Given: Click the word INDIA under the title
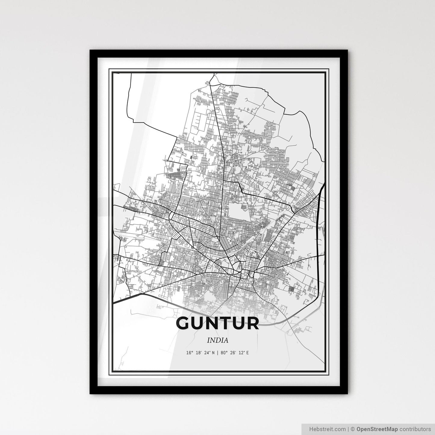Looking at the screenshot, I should pyautogui.click(x=217, y=340).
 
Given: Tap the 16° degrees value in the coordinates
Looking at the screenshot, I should pyautogui.click(x=189, y=353).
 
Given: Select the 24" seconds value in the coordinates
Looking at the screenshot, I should pyautogui.click(x=207, y=353).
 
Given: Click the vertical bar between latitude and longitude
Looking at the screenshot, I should pyautogui.click(x=217, y=353).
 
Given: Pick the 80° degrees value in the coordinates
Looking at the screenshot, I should pyautogui.click(x=223, y=353).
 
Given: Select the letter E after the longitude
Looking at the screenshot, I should pyautogui.click(x=247, y=353).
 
